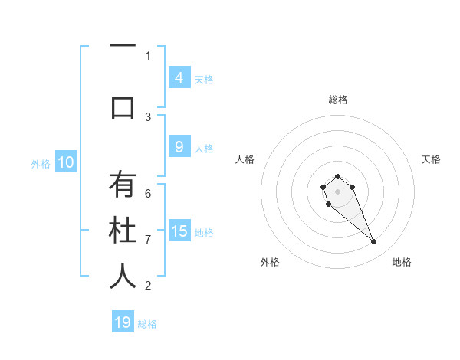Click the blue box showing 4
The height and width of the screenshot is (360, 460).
[x=179, y=78]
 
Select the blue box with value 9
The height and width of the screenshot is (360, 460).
[x=179, y=147]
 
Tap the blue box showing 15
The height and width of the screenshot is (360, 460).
[x=179, y=231]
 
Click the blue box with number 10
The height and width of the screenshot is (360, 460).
[x=65, y=162]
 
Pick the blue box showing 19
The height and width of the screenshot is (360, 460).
[x=123, y=322]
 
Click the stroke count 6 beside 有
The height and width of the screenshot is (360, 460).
[x=148, y=193]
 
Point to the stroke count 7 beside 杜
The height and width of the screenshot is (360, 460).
[x=148, y=239]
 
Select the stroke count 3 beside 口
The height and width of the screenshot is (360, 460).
[x=148, y=116]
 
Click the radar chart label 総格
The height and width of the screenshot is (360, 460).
[x=338, y=100]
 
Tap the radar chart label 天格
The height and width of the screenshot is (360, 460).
[x=431, y=159]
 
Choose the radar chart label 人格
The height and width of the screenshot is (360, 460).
[x=245, y=159]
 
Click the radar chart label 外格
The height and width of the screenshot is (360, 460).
[x=270, y=262]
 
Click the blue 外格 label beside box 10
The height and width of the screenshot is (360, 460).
[x=40, y=163]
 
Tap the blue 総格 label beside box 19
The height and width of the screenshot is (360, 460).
[x=147, y=324]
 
